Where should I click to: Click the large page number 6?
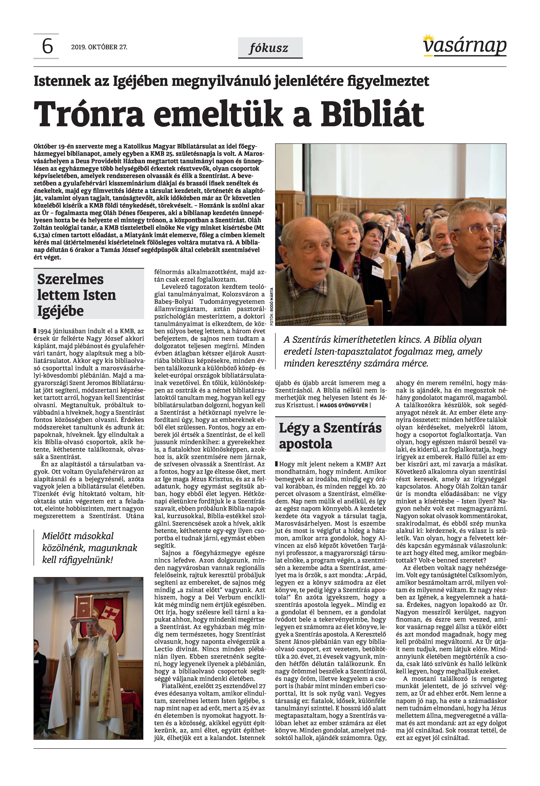47,46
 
